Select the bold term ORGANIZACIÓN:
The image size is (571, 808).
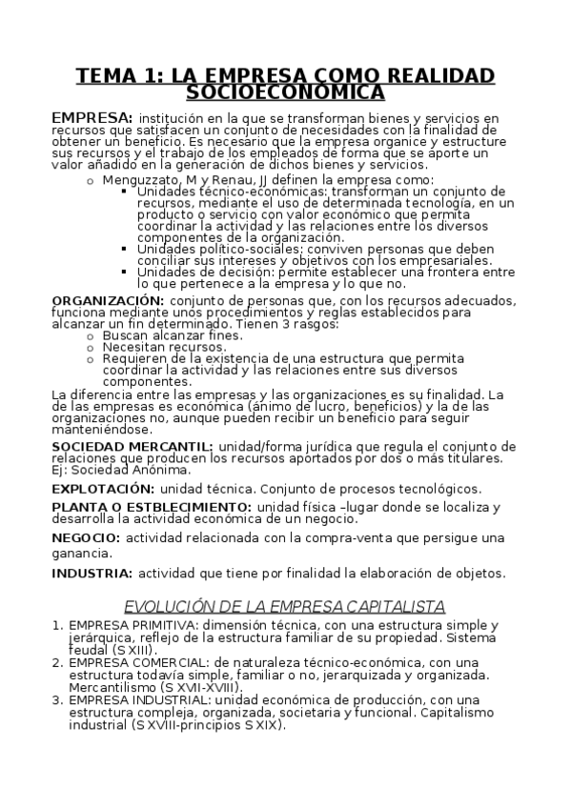tap(108, 301)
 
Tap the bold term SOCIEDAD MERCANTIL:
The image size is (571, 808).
tap(133, 446)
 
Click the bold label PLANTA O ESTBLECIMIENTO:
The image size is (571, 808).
tap(152, 507)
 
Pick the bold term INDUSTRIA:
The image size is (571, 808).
tap(92, 573)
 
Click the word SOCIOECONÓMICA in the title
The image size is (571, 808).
tap(285, 91)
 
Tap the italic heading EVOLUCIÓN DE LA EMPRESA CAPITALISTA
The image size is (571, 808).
tap(285, 606)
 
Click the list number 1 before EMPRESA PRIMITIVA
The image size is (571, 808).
tap(56, 625)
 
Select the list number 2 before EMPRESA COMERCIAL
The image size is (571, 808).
tap(56, 661)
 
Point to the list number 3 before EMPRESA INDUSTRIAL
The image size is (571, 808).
tap(56, 698)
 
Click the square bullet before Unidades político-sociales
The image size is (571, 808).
tap(127, 249)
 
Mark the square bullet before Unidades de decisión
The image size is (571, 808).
tap(127, 271)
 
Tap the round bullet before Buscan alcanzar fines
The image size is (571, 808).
tap(91, 335)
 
